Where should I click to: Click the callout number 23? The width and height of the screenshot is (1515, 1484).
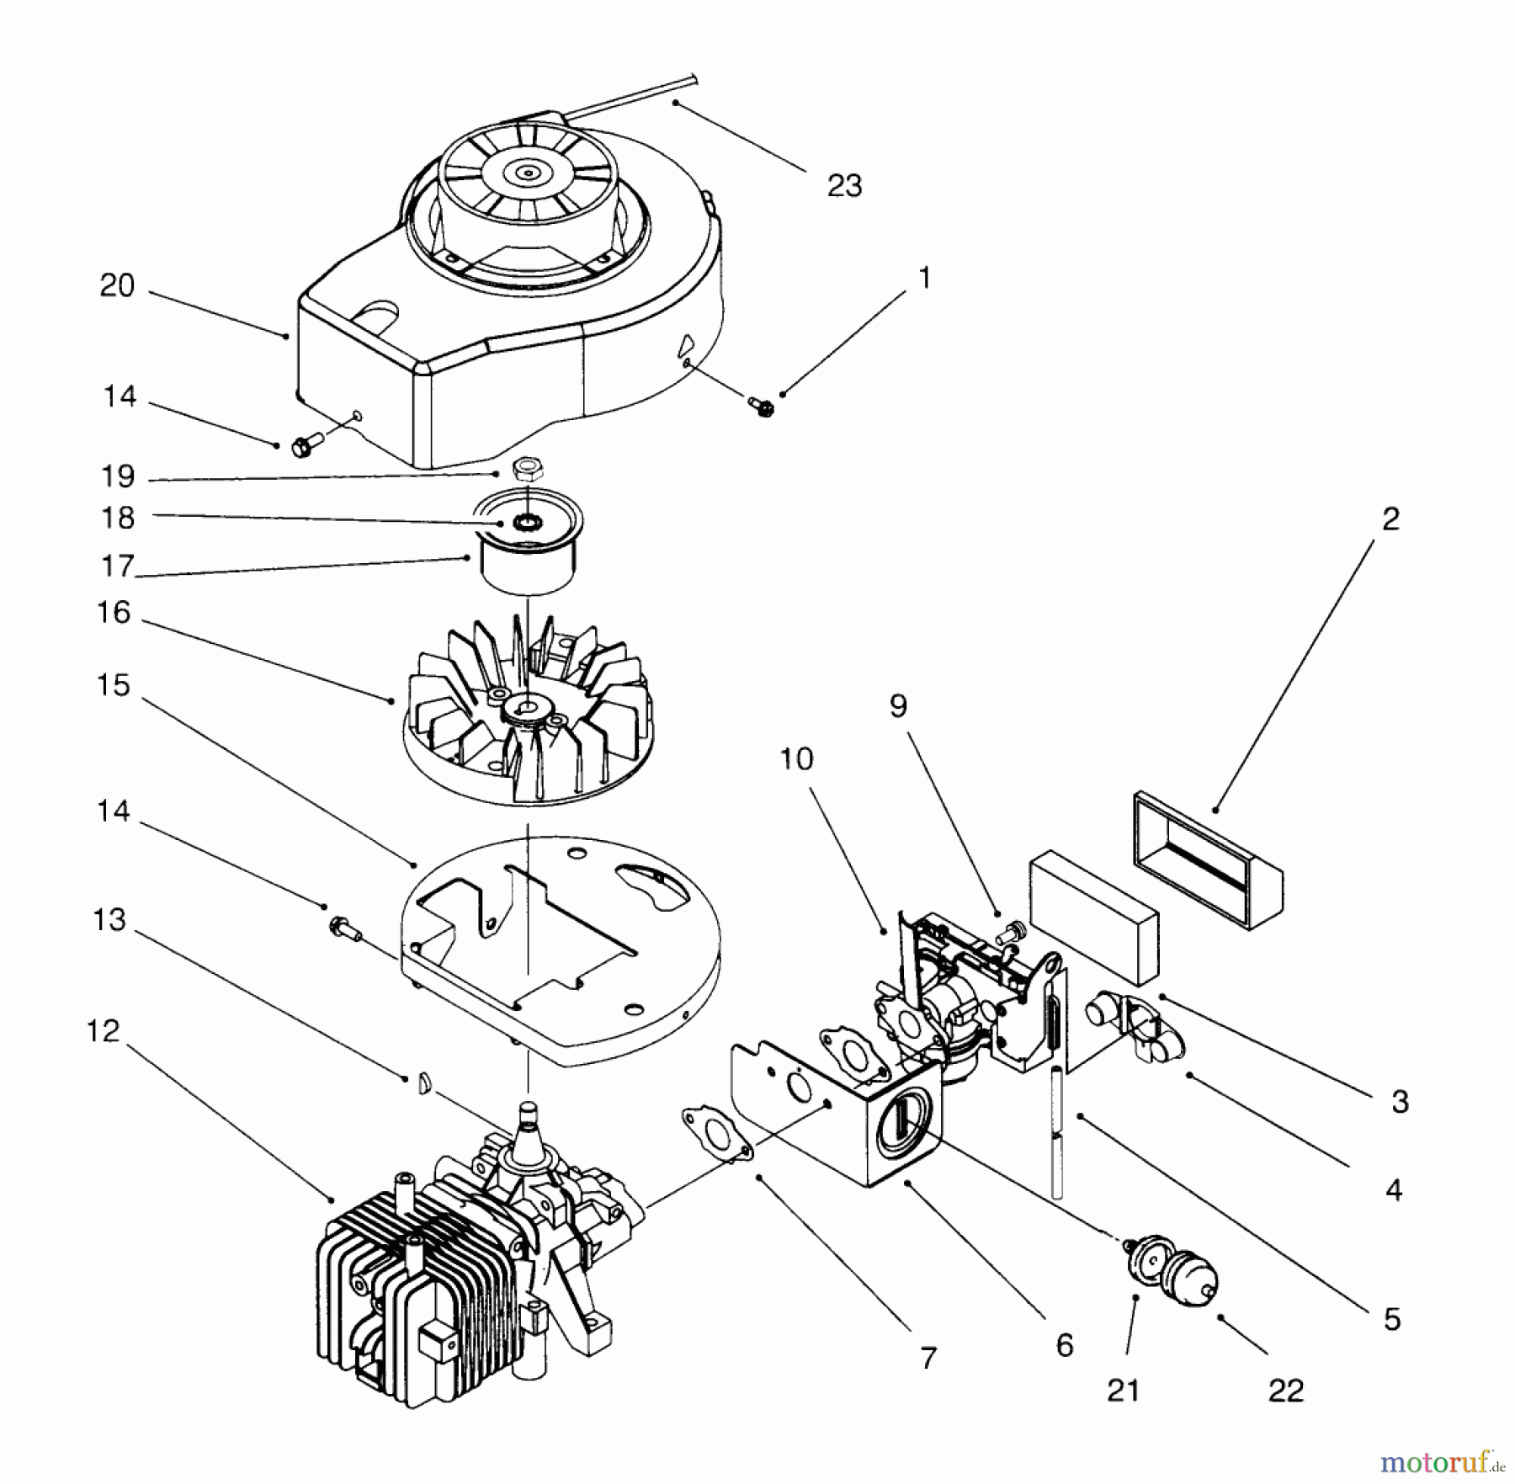pyautogui.click(x=844, y=186)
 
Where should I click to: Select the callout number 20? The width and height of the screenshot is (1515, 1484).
pyautogui.click(x=117, y=286)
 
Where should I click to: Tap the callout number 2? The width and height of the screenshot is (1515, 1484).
pyautogui.click(x=1390, y=519)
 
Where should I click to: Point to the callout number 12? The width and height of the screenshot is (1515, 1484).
pyautogui.click(x=104, y=1031)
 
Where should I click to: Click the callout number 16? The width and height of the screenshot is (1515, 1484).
pyautogui.click(x=114, y=613)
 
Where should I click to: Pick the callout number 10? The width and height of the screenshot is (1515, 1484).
pyautogui.click(x=796, y=759)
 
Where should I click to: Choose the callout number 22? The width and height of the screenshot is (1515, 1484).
pyautogui.click(x=1285, y=1391)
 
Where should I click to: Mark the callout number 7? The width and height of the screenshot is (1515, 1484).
pyautogui.click(x=928, y=1358)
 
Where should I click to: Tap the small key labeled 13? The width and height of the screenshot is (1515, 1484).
pyautogui.click(x=426, y=1083)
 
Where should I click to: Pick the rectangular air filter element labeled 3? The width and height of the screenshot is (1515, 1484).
pyautogui.click(x=1092, y=923)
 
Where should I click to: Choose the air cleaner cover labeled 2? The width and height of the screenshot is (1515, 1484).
pyautogui.click(x=1208, y=859)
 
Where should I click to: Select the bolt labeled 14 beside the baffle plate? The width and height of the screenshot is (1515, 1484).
pyautogui.click(x=343, y=929)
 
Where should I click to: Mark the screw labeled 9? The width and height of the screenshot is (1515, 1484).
pyautogui.click(x=1007, y=932)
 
